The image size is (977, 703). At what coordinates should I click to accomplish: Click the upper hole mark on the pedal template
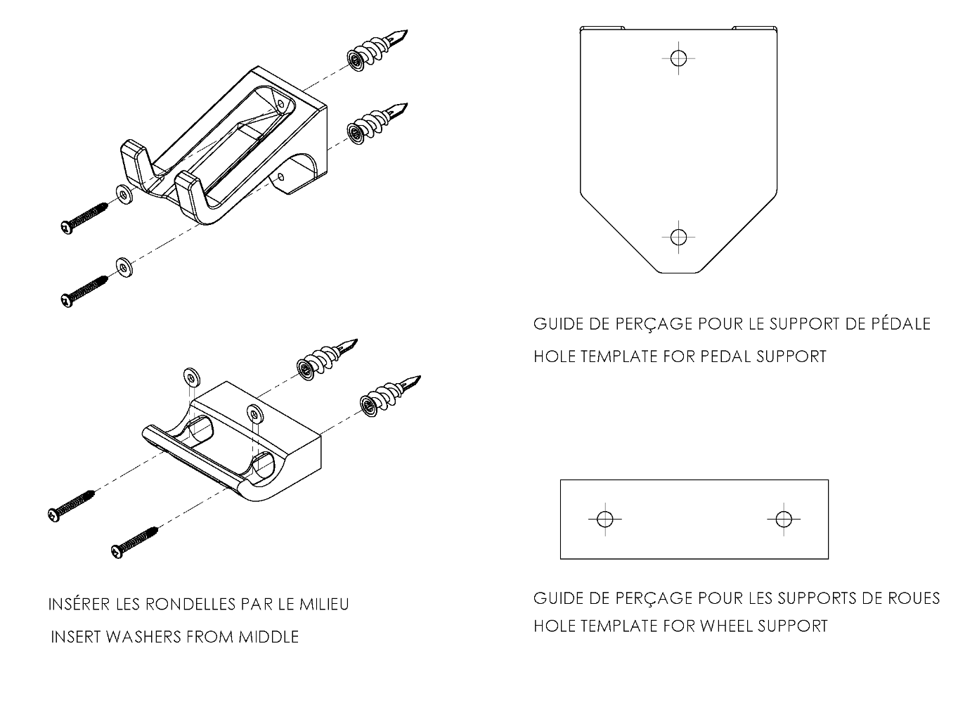678,58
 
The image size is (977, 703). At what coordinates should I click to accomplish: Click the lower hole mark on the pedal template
678,237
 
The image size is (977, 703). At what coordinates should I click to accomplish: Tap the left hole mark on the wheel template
604,520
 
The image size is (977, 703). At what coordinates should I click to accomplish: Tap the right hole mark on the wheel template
784,520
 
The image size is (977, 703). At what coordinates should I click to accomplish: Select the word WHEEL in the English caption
729,626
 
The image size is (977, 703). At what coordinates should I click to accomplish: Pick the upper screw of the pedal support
84,217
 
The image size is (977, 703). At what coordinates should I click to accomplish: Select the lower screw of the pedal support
84,290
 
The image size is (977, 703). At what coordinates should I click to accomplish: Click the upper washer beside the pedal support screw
124,194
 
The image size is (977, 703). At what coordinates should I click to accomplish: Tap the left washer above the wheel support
190,376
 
